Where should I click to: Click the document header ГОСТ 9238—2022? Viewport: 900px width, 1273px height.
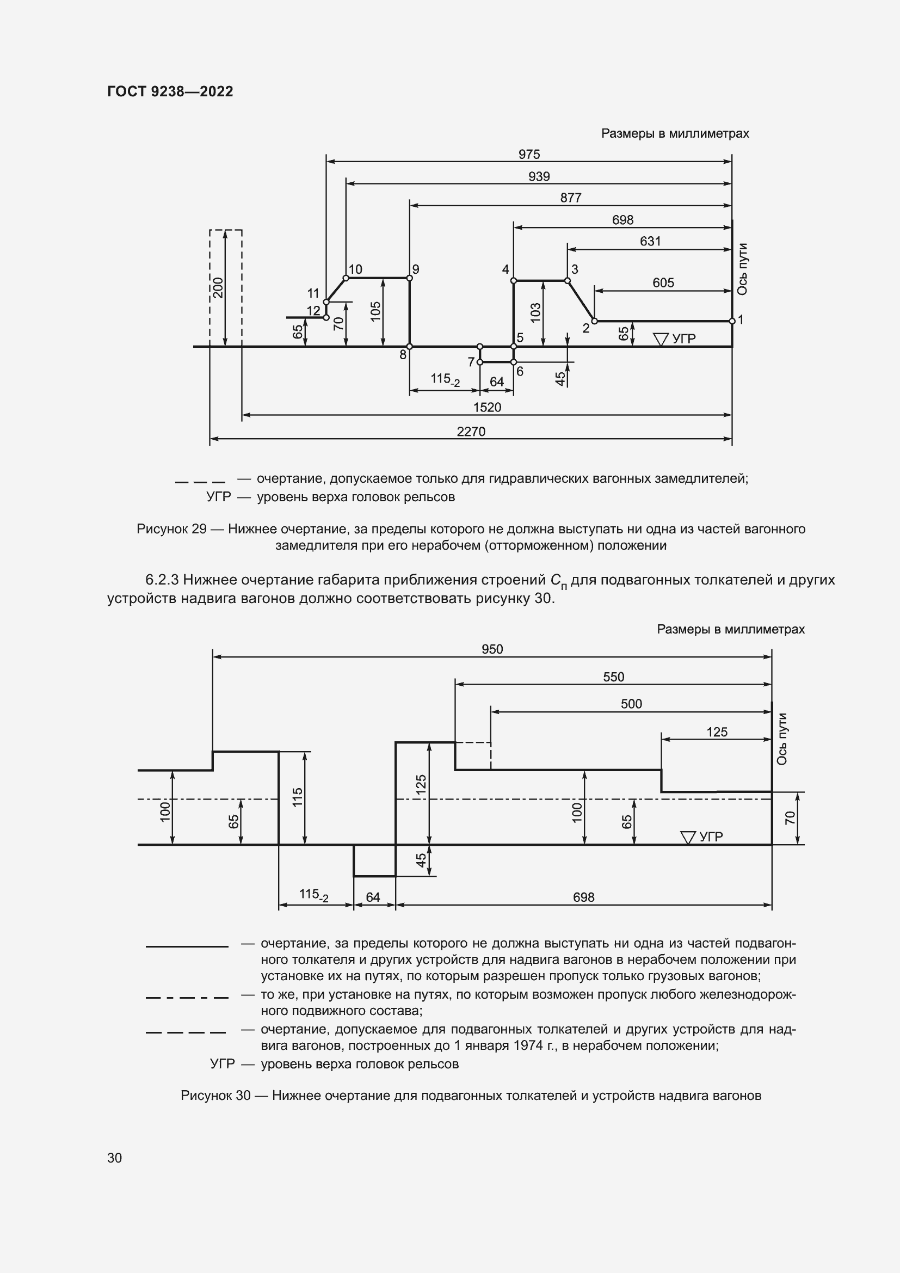point(170,91)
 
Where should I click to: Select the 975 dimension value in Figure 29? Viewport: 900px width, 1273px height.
point(529,154)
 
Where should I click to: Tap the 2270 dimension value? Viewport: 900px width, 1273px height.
point(471,432)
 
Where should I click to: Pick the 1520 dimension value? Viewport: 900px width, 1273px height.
point(487,407)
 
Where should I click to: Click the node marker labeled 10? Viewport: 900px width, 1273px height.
point(346,278)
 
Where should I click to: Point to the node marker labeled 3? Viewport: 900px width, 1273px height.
point(568,280)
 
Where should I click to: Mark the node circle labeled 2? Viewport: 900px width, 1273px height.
point(595,321)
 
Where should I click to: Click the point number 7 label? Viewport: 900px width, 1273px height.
point(471,362)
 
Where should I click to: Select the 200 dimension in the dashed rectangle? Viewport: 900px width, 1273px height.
point(218,287)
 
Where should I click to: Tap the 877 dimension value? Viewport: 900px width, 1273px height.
point(571,198)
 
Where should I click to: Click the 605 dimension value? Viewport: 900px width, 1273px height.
point(663,283)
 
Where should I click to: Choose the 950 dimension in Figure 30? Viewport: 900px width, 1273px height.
point(492,649)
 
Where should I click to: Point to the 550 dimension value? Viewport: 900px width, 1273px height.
point(613,677)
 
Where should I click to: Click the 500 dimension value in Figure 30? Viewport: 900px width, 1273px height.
point(631,704)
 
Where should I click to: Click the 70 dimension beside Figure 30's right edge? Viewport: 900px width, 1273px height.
point(790,818)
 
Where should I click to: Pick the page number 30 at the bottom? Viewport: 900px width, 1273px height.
point(115,1158)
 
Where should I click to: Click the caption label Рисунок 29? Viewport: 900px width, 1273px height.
point(171,529)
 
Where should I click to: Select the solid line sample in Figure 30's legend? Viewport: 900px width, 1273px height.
point(187,946)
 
